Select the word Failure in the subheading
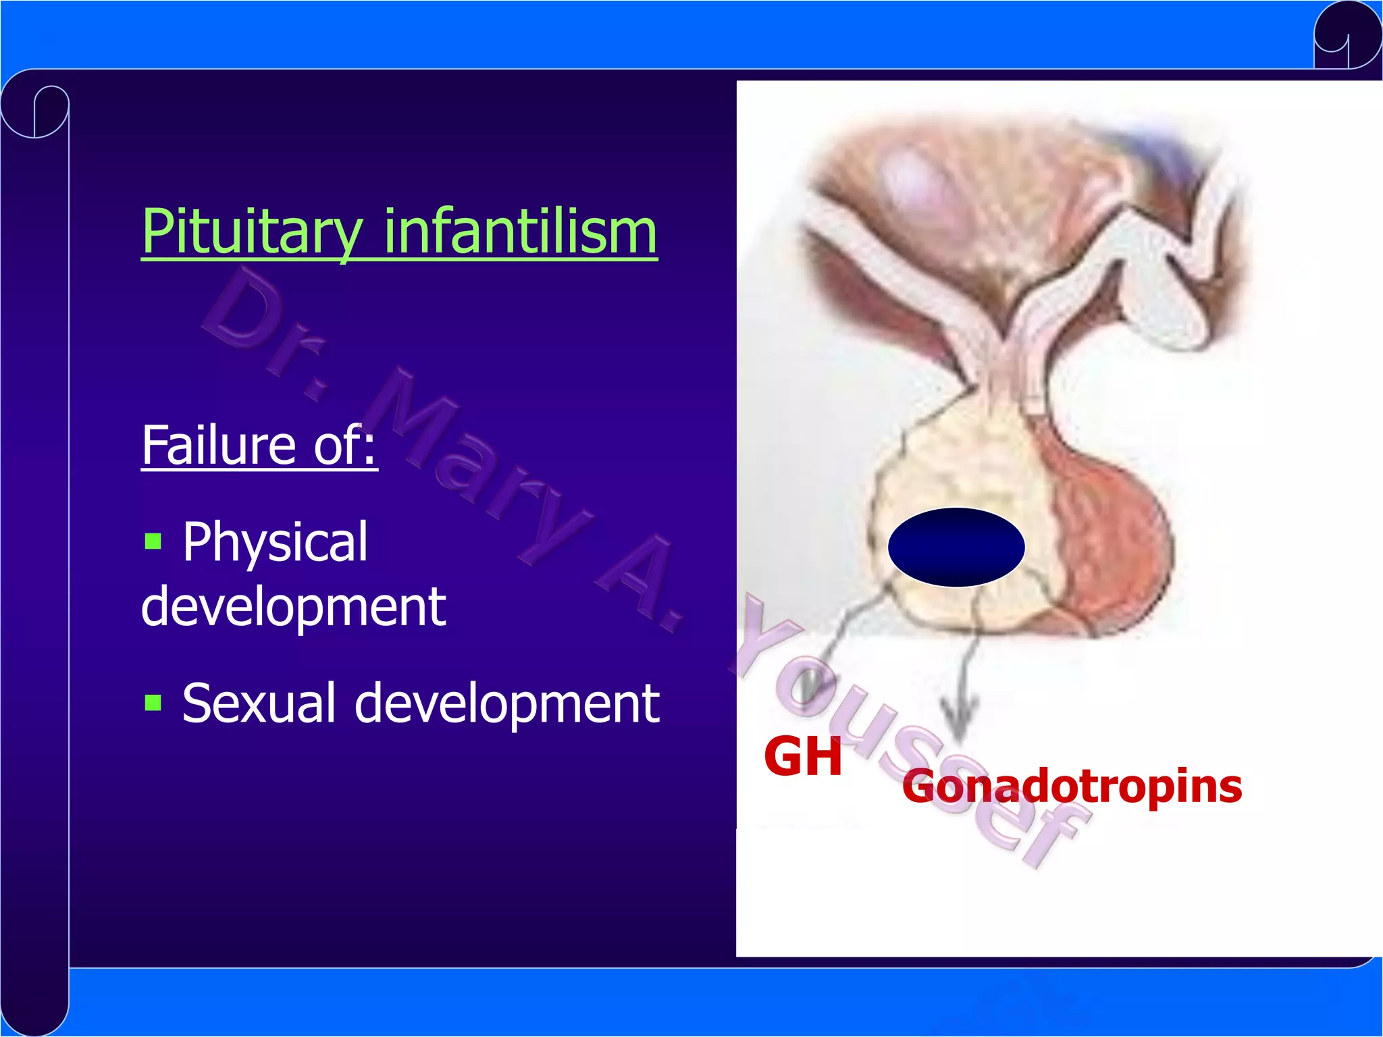click(219, 445)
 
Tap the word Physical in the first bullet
click(275, 542)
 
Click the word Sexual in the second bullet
click(259, 703)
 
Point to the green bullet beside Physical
click(153, 541)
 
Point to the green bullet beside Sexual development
click(153, 703)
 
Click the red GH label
click(802, 757)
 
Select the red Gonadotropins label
click(1072, 787)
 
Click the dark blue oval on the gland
click(956, 547)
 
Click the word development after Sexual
click(506, 703)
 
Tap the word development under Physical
click(293, 606)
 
